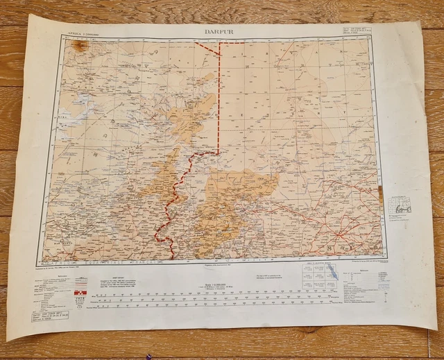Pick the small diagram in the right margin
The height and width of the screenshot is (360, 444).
[x=402, y=203]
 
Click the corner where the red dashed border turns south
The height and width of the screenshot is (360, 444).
[x=220, y=43]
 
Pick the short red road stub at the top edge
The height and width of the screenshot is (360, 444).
[x=212, y=40]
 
